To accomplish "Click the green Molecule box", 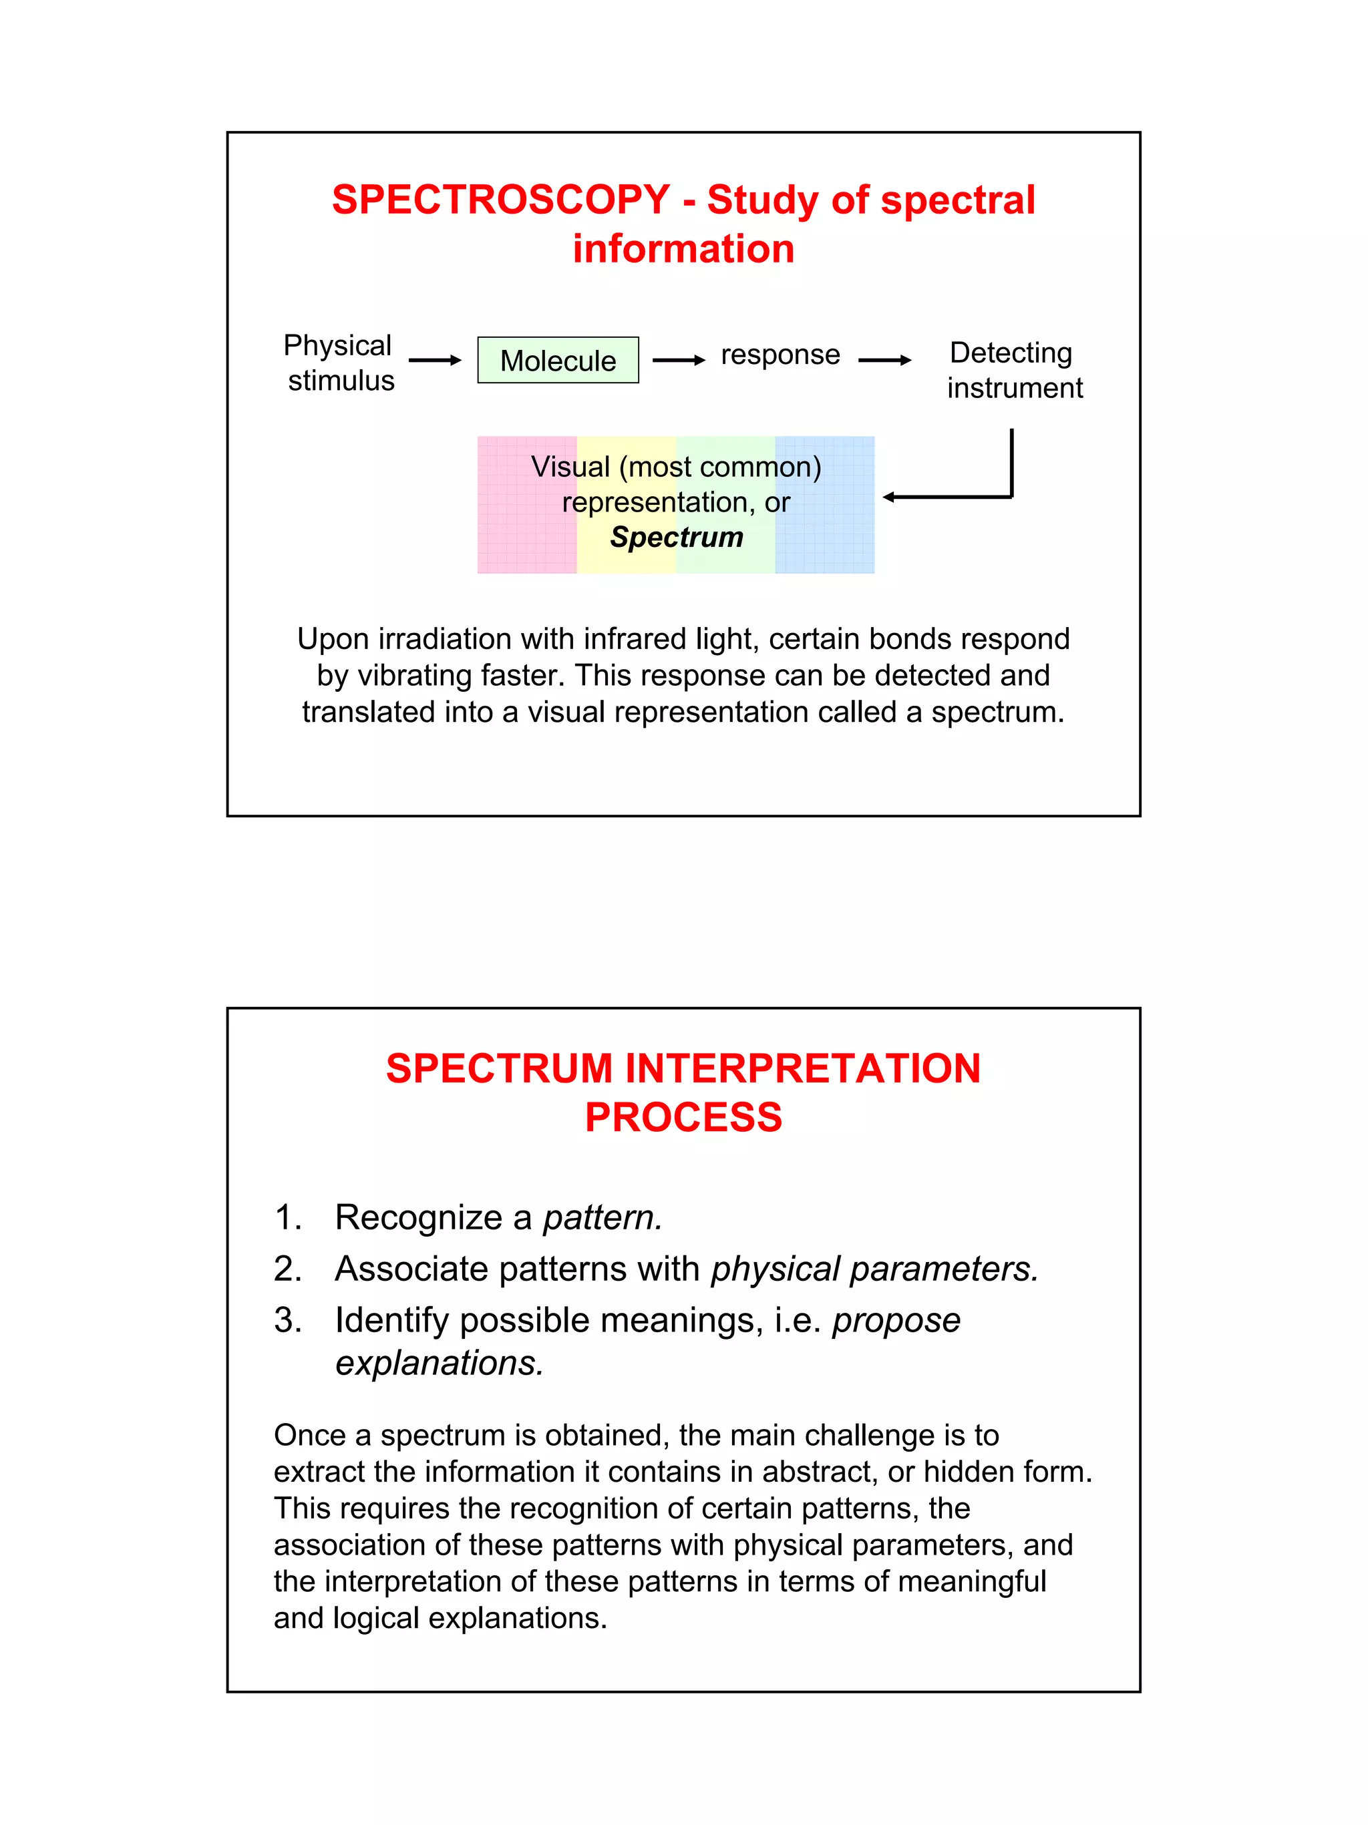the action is (x=558, y=361).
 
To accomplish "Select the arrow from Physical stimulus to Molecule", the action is (x=434, y=361).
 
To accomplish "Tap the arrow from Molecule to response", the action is (x=678, y=361).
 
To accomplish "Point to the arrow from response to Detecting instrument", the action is (x=884, y=361).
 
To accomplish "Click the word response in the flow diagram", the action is (x=780, y=355).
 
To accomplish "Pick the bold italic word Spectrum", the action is (x=677, y=537).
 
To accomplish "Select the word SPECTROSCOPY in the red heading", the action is (x=501, y=200).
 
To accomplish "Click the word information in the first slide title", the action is (x=683, y=249).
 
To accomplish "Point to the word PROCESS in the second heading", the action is (x=683, y=1118).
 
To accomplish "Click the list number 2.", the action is (x=287, y=1269).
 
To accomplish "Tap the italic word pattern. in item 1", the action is (x=603, y=1218).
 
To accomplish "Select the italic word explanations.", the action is (x=439, y=1363).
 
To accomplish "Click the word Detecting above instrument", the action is (x=1011, y=353).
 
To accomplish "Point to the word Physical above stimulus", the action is (x=337, y=346).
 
